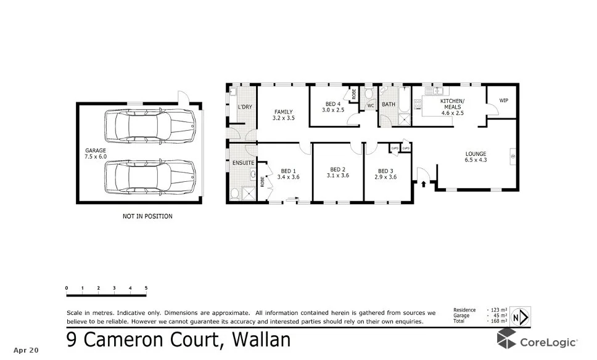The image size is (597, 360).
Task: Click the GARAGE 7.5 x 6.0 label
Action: tap(96, 153)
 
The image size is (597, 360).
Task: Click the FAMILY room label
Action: tap(283, 115)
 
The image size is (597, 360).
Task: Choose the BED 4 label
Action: tap(334, 107)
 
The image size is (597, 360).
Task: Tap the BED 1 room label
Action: tap(288, 174)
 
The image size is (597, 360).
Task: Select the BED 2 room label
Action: tap(337, 173)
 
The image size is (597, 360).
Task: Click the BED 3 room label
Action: tap(385, 174)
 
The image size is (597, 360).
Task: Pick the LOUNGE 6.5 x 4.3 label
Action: tap(476, 157)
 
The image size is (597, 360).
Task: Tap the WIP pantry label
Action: tap(503, 100)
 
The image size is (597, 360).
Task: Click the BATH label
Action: tap(389, 105)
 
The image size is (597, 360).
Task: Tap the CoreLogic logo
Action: tap(537, 341)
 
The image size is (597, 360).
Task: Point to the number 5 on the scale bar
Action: tap(146, 288)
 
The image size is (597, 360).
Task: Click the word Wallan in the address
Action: tap(260, 340)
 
